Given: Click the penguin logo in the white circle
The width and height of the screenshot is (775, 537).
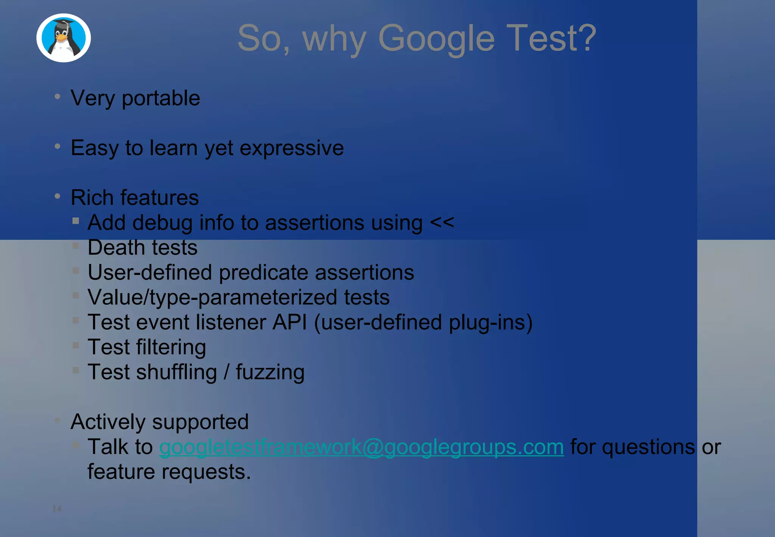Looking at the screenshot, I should (64, 38).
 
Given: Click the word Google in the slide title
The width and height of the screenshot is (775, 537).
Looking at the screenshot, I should (436, 39).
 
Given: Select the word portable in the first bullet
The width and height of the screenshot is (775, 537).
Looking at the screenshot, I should (161, 99).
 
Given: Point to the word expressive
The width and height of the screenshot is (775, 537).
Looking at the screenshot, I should (292, 148).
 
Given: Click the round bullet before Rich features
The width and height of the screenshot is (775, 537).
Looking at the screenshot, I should (58, 196).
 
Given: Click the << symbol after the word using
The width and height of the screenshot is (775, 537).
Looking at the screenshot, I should (442, 222).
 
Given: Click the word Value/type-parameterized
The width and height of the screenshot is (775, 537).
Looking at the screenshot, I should (212, 298).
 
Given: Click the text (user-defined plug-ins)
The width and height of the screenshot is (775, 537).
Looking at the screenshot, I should (423, 323).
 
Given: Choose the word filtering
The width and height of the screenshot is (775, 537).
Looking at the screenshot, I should (171, 348).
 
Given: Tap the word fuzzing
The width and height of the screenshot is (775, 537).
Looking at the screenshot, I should (270, 373).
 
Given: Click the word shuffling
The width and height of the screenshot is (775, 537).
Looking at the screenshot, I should (176, 373).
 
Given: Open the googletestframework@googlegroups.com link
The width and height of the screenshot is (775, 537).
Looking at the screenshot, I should (361, 447).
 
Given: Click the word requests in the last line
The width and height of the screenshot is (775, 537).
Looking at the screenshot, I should (206, 472).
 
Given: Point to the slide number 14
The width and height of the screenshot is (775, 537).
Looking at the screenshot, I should (57, 508).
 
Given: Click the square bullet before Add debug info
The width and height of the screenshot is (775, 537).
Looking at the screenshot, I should (76, 221).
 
